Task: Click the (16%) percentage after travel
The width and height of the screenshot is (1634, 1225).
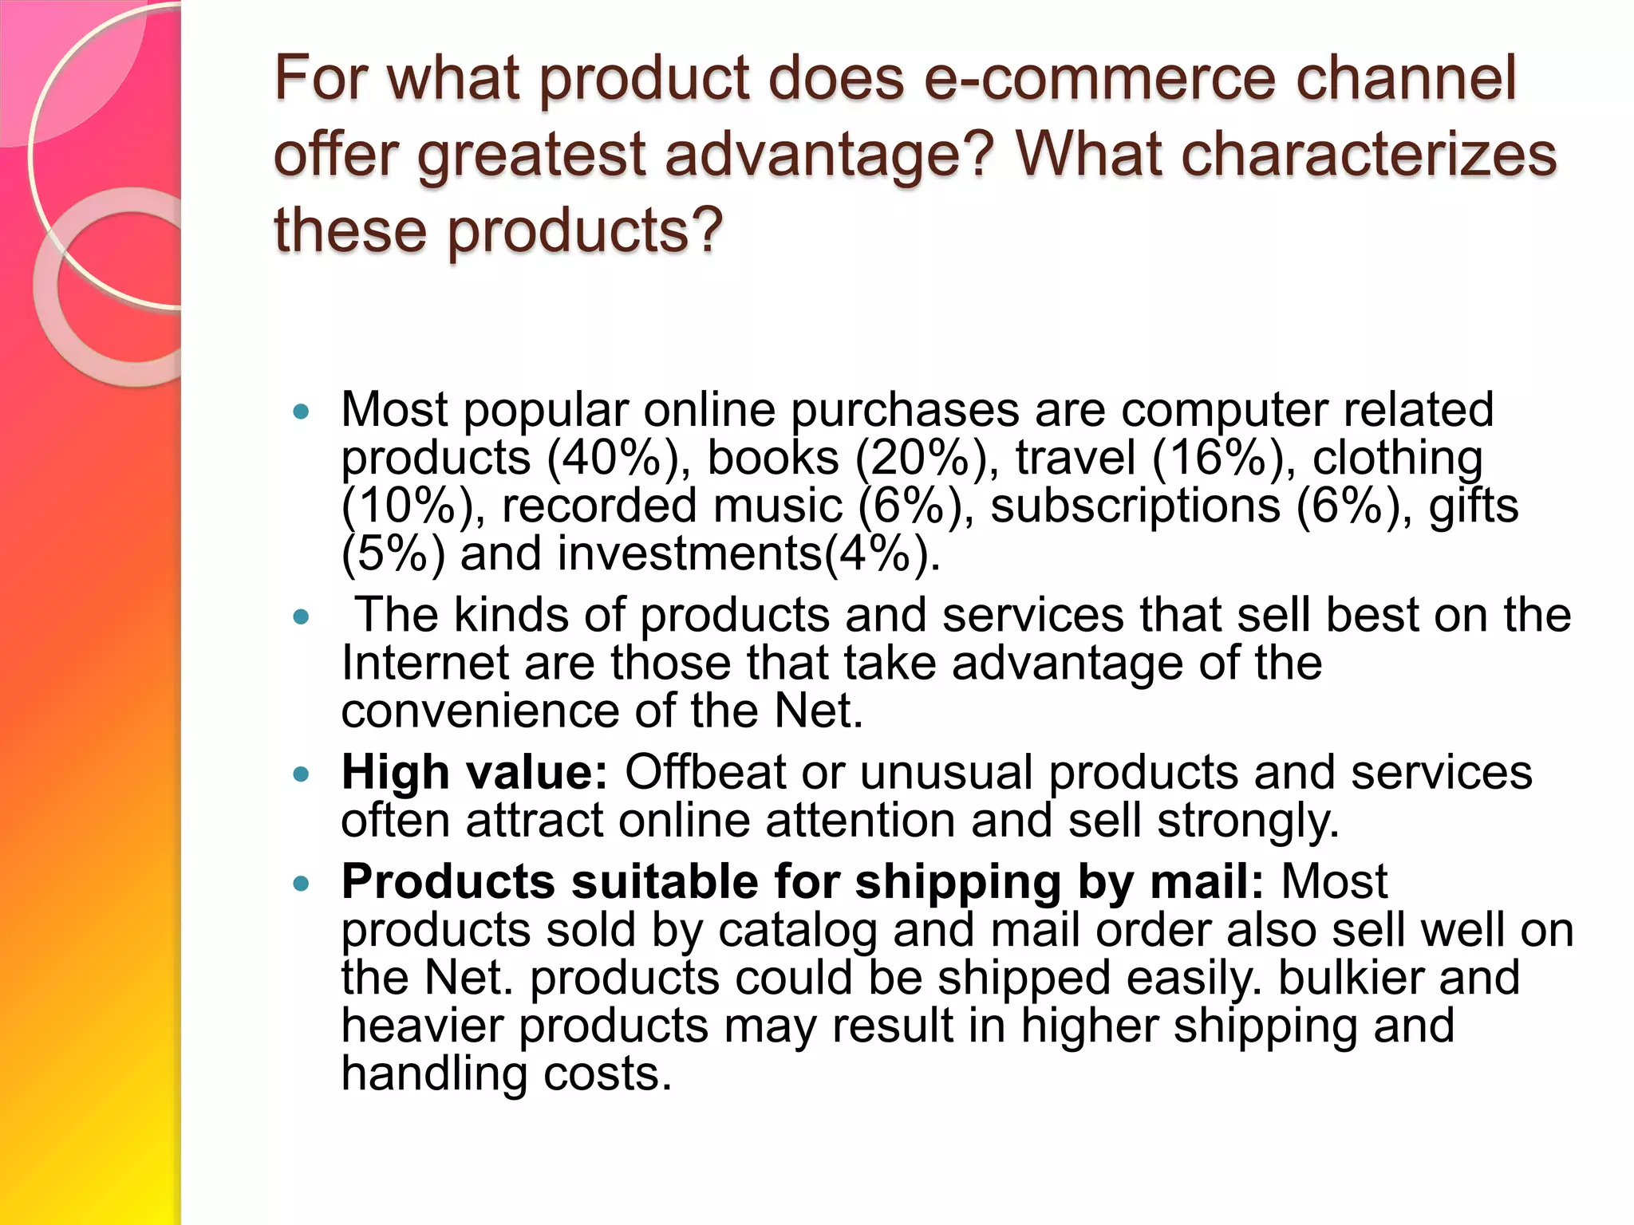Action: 1224,458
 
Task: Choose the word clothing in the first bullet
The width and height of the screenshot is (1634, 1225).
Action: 1398,458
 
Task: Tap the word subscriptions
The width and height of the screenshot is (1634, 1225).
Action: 1135,506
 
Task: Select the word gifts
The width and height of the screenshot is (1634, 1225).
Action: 1473,506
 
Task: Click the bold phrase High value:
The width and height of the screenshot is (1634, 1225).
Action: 475,772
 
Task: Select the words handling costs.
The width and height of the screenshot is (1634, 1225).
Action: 507,1073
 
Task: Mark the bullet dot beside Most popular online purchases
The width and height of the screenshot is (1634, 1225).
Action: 301,412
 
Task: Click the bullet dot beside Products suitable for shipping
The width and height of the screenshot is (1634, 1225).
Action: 301,884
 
